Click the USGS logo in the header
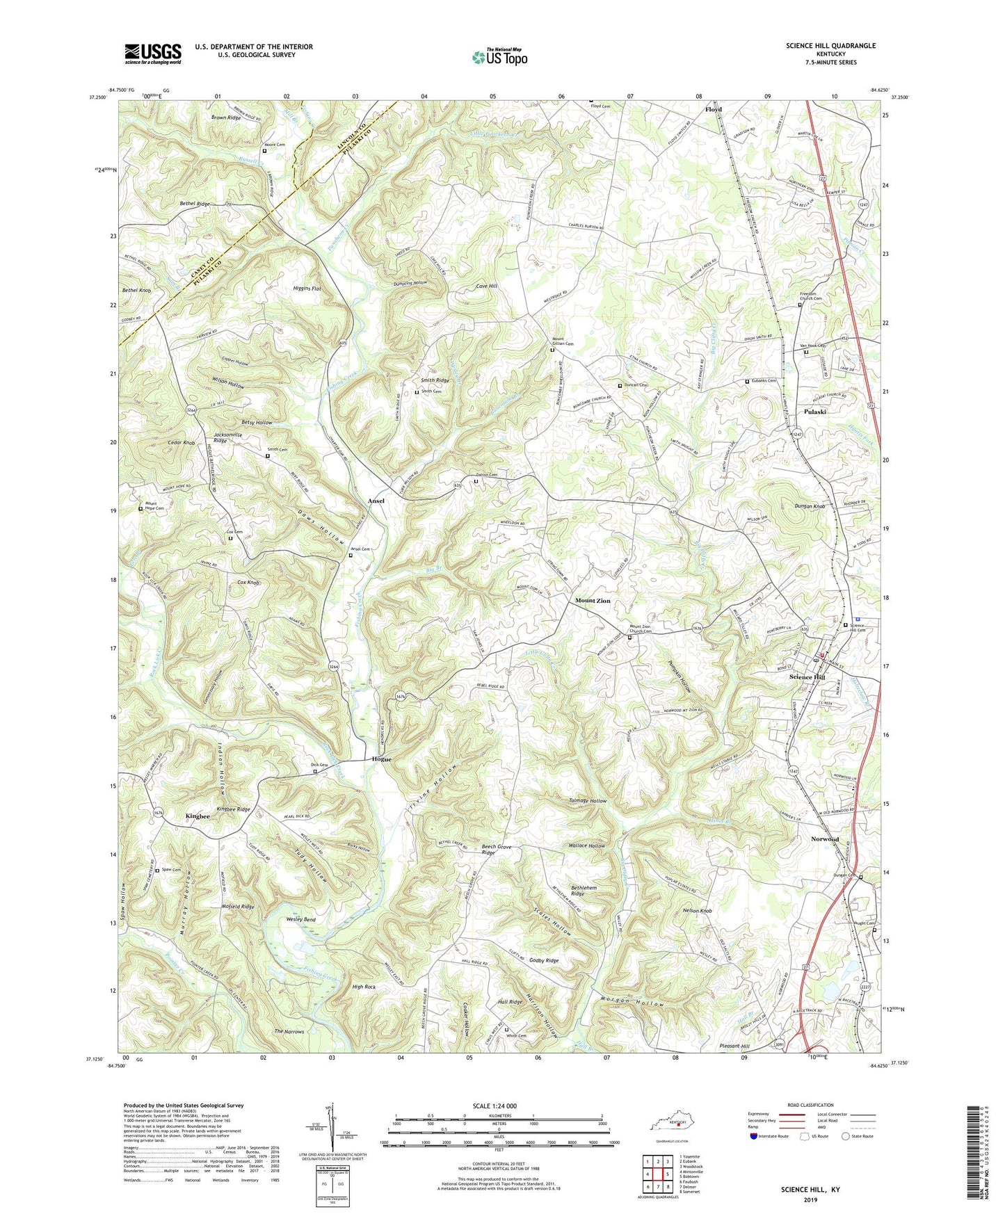(x=153, y=53)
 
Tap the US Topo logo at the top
(x=499, y=57)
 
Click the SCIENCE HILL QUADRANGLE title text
(x=830, y=46)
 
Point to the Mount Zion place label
(x=593, y=601)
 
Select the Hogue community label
(x=381, y=759)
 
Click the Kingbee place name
(x=198, y=816)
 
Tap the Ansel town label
(x=376, y=501)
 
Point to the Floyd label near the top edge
(x=714, y=110)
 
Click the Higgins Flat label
(x=306, y=288)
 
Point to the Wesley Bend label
(x=301, y=919)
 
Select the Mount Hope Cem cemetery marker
(x=140, y=508)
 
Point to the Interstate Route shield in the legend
(x=754, y=1136)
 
